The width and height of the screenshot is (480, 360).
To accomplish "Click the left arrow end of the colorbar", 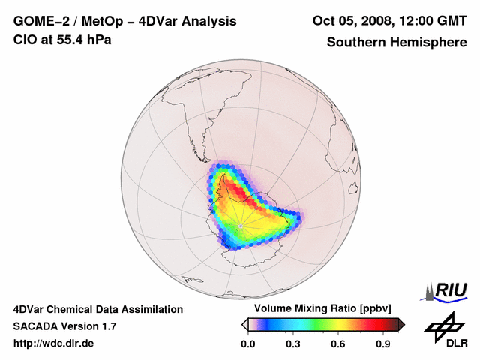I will pos(244,324).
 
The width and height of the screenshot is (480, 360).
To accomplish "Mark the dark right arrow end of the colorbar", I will pos(401,324).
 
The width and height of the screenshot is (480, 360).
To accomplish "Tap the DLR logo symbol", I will pos(442,325).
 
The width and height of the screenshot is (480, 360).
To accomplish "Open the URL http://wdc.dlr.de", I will pos(54,343).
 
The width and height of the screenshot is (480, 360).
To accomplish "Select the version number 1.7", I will pos(108,326).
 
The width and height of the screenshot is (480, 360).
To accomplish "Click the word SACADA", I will pos(35,326).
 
